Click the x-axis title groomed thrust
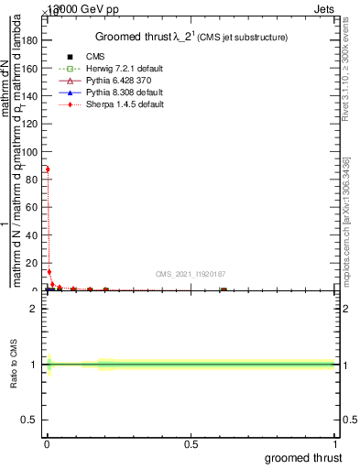pyautogui.click(x=303, y=457)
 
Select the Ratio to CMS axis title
pyautogui.click(x=15, y=365)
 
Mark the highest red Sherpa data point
pyautogui.click(x=48, y=169)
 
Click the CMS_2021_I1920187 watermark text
pyautogui.click(x=190, y=273)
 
